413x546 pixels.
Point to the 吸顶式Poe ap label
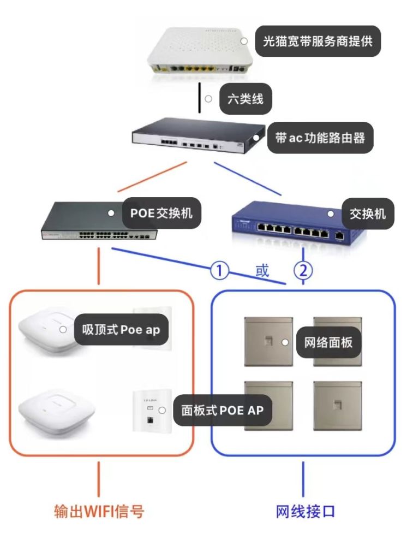click(x=121, y=330)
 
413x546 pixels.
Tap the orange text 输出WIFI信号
click(x=99, y=511)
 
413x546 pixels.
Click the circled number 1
click(x=219, y=270)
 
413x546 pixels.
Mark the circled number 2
click(x=303, y=270)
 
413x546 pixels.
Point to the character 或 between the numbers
click(x=262, y=270)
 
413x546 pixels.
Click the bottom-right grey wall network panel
click(x=337, y=405)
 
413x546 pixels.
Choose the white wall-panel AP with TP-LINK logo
click(x=148, y=413)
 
